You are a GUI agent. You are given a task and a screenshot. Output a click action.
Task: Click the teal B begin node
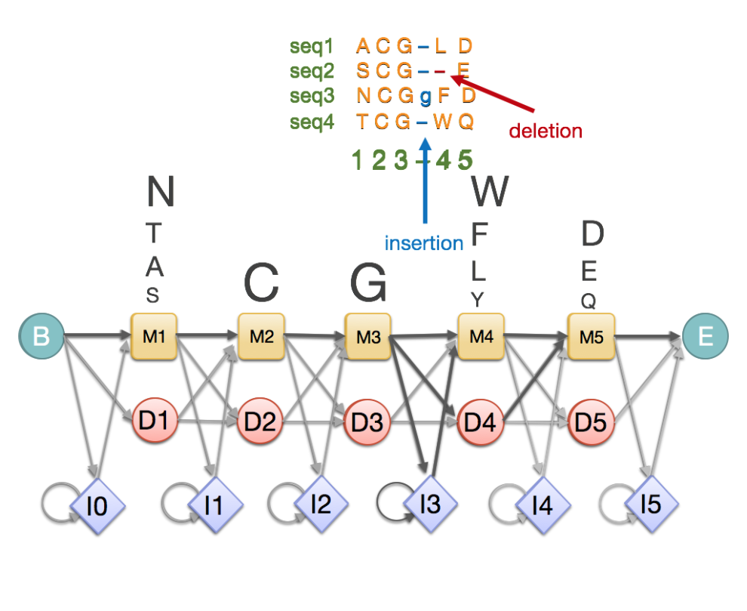coord(41,335)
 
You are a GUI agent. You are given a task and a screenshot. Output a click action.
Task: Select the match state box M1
coord(154,336)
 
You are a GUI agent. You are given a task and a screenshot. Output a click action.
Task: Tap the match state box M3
coord(368,336)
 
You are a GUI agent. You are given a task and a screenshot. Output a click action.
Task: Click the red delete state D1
coord(154,421)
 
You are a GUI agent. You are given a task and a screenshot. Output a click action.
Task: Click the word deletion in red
coord(546,131)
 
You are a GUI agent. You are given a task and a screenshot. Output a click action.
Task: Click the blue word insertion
coord(423,243)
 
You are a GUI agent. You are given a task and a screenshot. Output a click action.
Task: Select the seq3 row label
coord(312,97)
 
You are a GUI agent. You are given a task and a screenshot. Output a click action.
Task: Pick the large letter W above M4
coord(490,193)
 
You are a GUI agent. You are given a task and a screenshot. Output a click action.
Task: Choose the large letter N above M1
coord(160,192)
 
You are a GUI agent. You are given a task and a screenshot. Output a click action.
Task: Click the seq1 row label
coord(312,47)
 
